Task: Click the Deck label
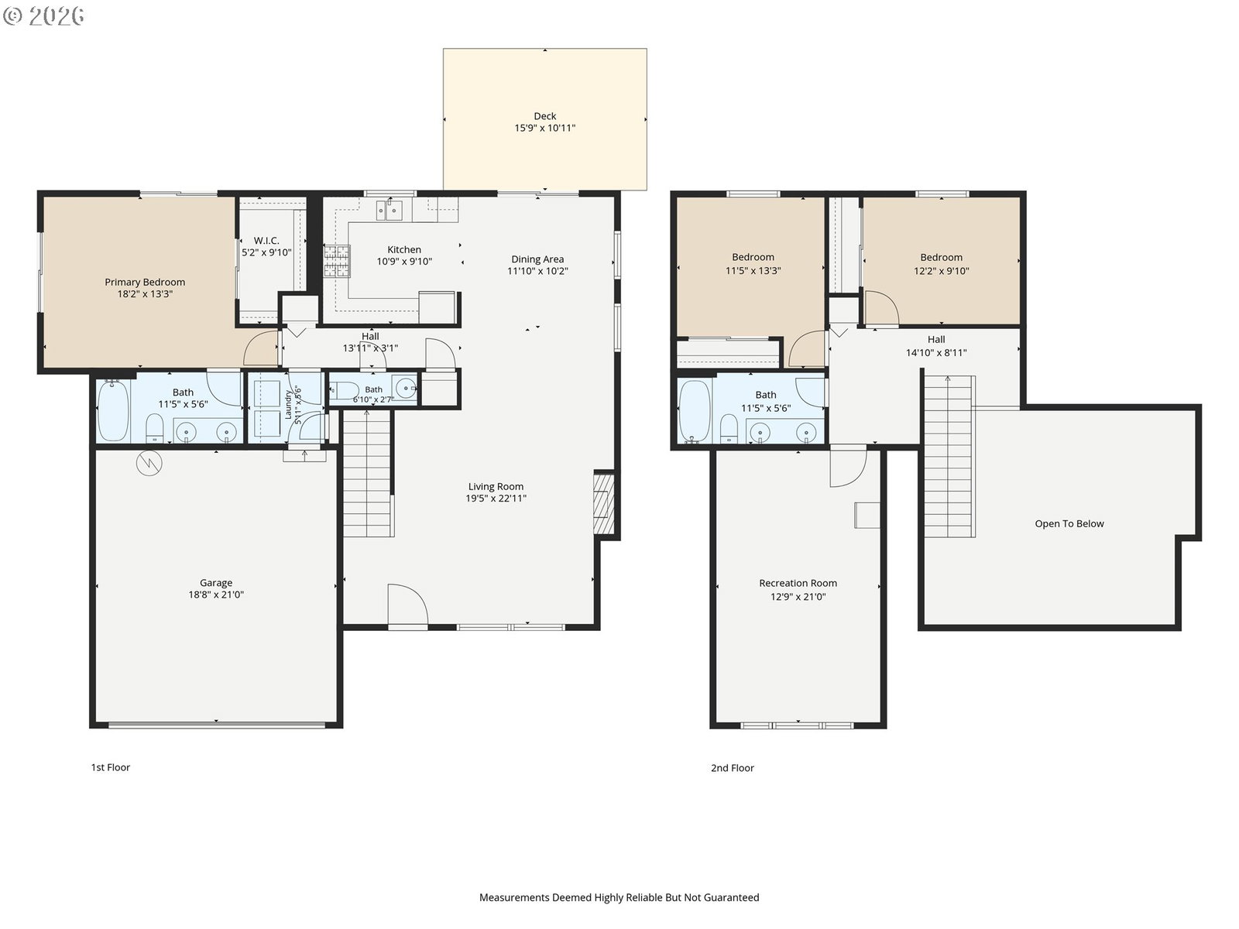(x=544, y=116)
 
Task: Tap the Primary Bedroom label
(x=145, y=282)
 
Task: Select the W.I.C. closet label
(x=266, y=241)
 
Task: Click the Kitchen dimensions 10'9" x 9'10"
(x=404, y=262)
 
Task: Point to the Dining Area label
(x=537, y=259)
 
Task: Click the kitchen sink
(x=389, y=211)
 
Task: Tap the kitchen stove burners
(x=336, y=261)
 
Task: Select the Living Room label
(x=496, y=487)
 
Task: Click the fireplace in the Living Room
(x=603, y=503)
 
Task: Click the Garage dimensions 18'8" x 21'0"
(x=216, y=595)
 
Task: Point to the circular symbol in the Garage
(x=149, y=463)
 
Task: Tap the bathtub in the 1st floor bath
(x=113, y=410)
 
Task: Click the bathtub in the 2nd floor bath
(x=694, y=412)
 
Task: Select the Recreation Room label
(x=798, y=583)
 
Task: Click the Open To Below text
(x=1069, y=523)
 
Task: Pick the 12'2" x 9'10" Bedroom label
(x=941, y=264)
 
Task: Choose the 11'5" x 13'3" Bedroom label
(x=753, y=264)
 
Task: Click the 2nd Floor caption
(x=732, y=768)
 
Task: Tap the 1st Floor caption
(x=111, y=767)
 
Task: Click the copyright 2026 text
(x=43, y=15)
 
